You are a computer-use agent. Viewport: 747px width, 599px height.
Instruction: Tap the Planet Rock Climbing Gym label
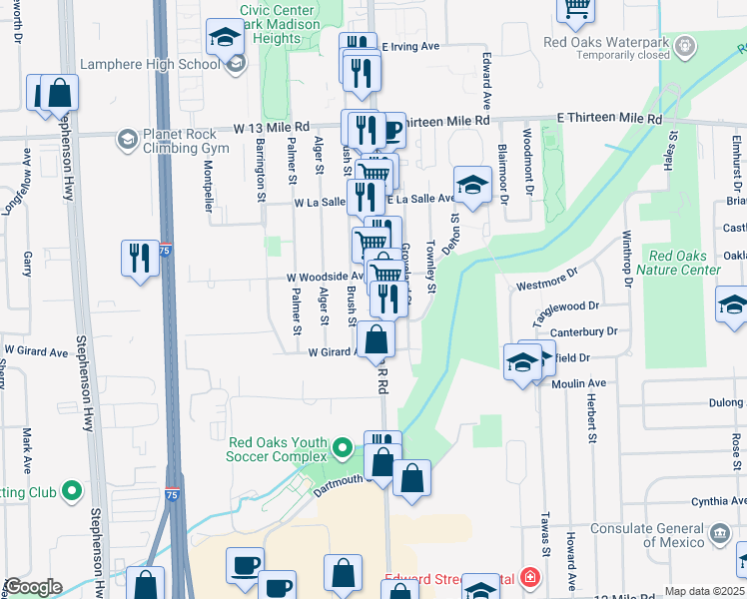tap(186, 140)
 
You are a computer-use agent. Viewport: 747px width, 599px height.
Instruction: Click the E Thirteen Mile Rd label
tap(609, 119)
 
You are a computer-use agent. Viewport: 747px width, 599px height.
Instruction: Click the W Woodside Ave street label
tap(317, 277)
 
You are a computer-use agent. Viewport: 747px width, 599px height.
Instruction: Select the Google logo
tap(32, 587)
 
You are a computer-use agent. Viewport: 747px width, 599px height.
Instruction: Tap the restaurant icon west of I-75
tap(140, 258)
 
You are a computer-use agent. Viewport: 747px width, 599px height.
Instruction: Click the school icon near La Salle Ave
tap(472, 184)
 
